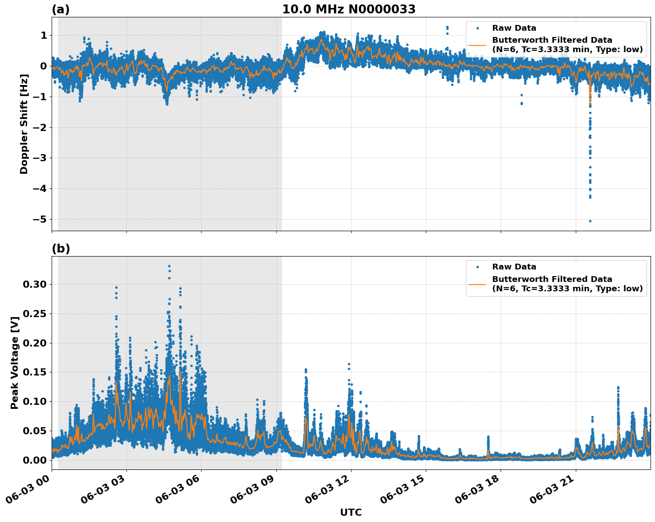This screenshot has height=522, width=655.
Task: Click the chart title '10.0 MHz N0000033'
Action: (x=348, y=9)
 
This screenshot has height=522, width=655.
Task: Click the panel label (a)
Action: (x=61, y=9)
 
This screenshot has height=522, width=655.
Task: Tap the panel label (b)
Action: (x=61, y=249)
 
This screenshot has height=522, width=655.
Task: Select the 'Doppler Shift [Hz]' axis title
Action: (x=24, y=124)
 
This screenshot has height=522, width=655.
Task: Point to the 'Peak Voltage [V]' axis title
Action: (x=15, y=363)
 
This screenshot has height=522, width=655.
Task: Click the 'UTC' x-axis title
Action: (x=351, y=512)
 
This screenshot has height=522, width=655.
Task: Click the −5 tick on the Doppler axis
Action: (x=40, y=219)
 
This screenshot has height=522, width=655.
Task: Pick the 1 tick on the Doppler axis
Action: (x=43, y=35)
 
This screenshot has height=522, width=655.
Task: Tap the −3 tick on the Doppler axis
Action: (x=40, y=158)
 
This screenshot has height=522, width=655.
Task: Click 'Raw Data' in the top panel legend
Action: (x=514, y=28)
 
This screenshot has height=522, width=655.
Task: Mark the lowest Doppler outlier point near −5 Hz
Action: (x=590, y=221)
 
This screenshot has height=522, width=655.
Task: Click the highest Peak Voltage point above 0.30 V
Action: (x=169, y=266)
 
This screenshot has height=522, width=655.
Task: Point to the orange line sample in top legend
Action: (x=477, y=45)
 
